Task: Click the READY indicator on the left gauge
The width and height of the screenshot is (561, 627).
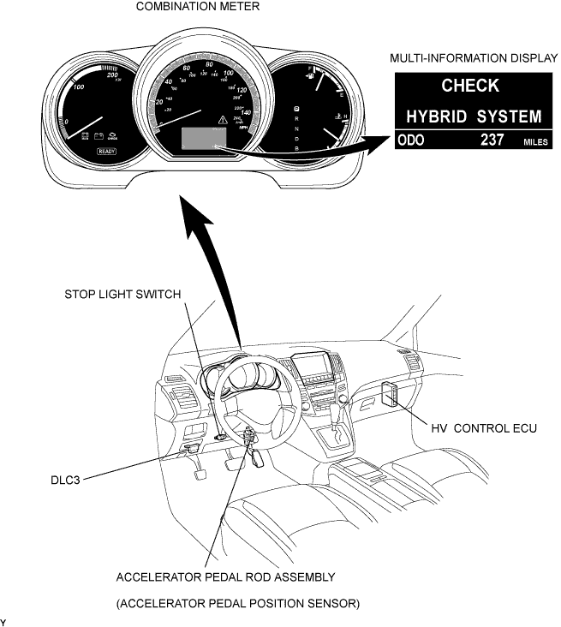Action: [x=106, y=151]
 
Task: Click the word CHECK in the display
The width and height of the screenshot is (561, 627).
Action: [x=469, y=85]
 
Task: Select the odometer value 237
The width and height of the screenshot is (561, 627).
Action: [x=492, y=140]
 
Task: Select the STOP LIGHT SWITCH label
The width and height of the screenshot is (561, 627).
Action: [x=123, y=294]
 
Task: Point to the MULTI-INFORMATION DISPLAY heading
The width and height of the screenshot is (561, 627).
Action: [x=469, y=59]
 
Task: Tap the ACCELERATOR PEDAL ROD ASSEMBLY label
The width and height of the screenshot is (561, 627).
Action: [x=225, y=576]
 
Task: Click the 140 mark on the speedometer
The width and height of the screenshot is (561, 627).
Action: [x=246, y=112]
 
